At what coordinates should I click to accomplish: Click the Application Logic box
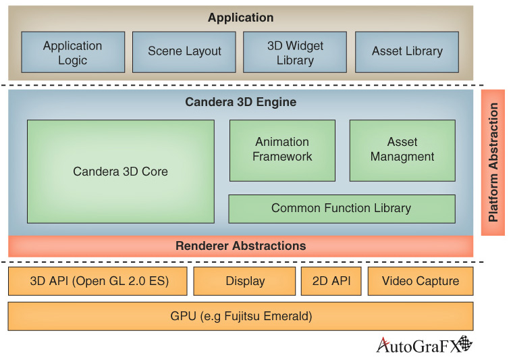73,52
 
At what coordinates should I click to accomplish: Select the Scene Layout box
184,52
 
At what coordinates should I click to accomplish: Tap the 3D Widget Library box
295,52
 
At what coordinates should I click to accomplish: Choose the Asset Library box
407,52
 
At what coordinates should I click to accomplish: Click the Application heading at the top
241,18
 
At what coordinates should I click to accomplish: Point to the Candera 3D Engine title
241,103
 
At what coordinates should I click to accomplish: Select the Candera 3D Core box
120,172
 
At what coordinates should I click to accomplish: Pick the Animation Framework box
282,150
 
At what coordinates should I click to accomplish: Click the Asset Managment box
402,150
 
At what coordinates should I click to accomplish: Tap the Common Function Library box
342,209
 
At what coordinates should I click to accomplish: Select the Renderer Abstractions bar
241,246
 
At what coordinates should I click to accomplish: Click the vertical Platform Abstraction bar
493,162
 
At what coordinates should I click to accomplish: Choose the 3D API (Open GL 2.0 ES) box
98,281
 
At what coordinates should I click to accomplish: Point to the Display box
244,281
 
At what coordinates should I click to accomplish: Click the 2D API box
331,281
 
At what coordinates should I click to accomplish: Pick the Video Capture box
421,281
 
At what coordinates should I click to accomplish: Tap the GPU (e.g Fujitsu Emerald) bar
241,315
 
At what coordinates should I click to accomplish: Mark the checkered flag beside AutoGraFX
464,344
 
